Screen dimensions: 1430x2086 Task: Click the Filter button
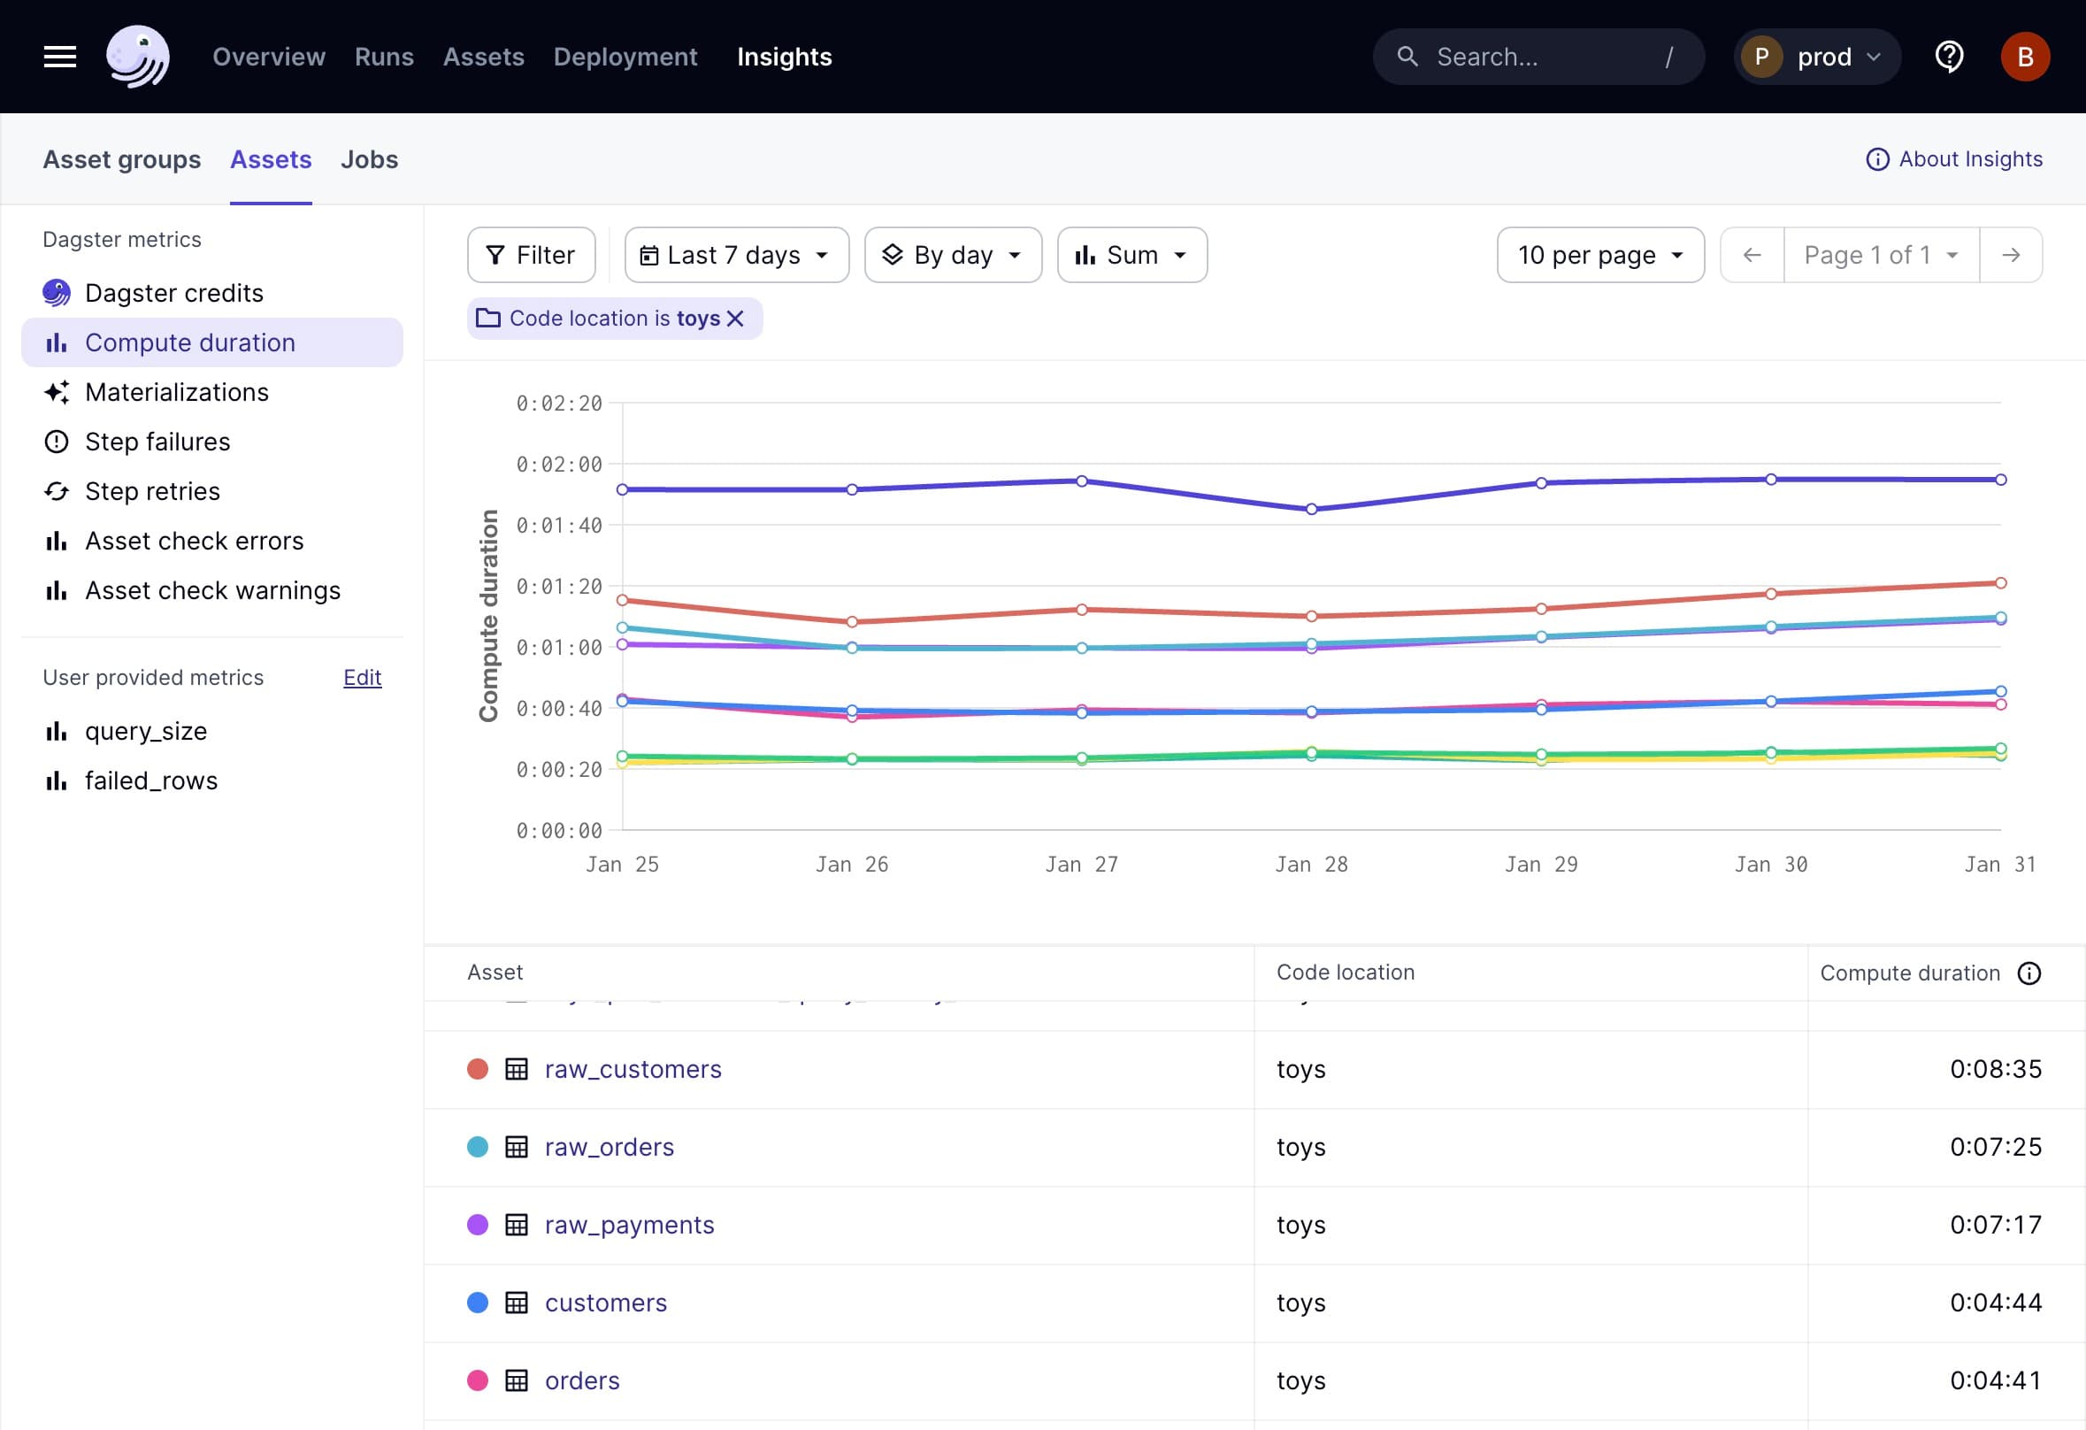coord(531,255)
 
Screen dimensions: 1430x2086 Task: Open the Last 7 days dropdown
coord(736,255)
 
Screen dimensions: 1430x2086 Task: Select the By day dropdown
coord(953,255)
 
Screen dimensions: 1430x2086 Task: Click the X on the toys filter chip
coord(735,319)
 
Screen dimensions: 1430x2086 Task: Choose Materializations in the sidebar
coord(176,392)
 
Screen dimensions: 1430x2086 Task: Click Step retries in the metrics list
coord(151,491)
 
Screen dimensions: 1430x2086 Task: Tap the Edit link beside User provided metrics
coord(362,678)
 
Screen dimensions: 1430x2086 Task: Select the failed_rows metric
coord(150,781)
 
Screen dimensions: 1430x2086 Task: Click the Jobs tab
coord(369,160)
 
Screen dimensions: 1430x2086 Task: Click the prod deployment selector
coord(1817,57)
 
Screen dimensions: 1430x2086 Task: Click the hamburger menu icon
coord(60,57)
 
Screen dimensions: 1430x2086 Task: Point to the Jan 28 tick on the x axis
coord(1311,865)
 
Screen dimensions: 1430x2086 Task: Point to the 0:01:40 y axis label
coord(558,525)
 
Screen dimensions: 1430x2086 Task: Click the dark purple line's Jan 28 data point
coord(1311,509)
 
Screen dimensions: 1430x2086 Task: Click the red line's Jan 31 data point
coord(2001,583)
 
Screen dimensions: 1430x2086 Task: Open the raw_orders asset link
coord(609,1147)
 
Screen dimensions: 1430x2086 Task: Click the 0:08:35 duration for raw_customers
coord(1996,1069)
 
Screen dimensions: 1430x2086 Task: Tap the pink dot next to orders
coord(478,1380)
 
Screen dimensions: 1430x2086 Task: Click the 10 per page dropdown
coord(1599,255)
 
